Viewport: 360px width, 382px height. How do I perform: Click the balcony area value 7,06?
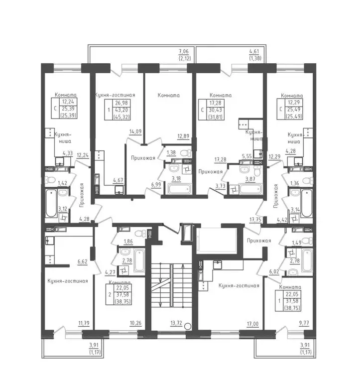point(184,51)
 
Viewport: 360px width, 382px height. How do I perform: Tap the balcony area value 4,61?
point(254,51)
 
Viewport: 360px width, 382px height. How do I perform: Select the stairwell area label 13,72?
point(176,323)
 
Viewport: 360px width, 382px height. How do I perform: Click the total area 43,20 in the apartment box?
point(121,110)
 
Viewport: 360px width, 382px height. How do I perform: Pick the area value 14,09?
point(135,131)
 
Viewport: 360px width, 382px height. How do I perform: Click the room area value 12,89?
point(183,136)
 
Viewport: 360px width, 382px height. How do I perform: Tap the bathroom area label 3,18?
point(176,179)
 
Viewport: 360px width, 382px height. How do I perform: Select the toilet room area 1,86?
point(128,242)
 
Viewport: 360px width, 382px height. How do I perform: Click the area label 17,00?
point(252,324)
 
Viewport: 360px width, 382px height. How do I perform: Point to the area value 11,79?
point(84,323)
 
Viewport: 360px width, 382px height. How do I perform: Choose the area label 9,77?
point(304,323)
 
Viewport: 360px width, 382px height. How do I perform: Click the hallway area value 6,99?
point(156,185)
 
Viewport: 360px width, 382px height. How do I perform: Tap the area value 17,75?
point(255,220)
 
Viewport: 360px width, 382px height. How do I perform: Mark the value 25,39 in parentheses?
point(68,115)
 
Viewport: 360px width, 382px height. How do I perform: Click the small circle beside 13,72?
point(188,326)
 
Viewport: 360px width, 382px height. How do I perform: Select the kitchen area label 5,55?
point(247,156)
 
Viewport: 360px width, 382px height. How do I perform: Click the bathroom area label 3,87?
point(250,179)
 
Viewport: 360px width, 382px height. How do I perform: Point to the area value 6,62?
point(82,262)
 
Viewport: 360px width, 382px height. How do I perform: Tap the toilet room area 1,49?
point(296,243)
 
